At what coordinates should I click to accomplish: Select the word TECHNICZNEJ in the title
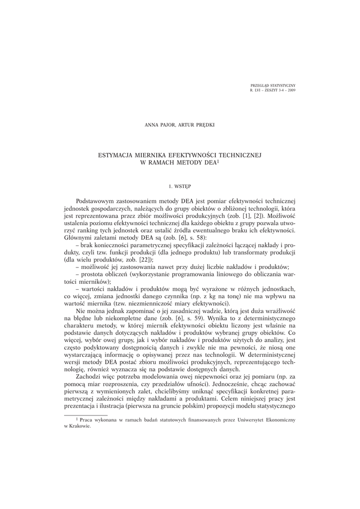pyautogui.click(x=240, y=155)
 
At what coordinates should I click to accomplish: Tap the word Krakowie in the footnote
pyautogui.click(x=81, y=426)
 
